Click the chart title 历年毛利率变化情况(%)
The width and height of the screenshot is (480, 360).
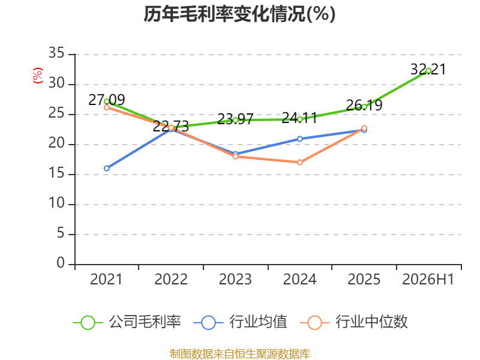pyautogui.click(x=239, y=14)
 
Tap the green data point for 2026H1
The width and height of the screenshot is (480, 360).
pyautogui.click(x=428, y=71)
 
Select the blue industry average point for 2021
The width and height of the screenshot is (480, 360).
pyautogui.click(x=107, y=169)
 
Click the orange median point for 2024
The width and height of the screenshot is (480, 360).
pyautogui.click(x=299, y=163)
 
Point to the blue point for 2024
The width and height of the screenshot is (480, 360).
pyautogui.click(x=299, y=139)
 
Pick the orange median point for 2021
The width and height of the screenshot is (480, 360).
pyautogui.click(x=107, y=107)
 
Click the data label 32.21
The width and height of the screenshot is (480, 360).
pyautogui.click(x=428, y=69)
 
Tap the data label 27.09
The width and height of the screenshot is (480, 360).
pyautogui.click(x=107, y=100)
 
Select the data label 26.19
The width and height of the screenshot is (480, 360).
pyautogui.click(x=364, y=106)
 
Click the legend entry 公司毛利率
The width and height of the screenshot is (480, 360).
pyautogui.click(x=127, y=322)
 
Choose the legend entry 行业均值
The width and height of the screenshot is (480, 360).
pyautogui.click(x=241, y=322)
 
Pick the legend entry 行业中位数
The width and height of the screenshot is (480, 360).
pyautogui.click(x=353, y=322)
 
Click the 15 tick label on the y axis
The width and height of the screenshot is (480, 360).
pyautogui.click(x=56, y=173)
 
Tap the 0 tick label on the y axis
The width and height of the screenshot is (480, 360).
pyautogui.click(x=61, y=263)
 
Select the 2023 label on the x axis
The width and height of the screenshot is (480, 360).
pyautogui.click(x=235, y=280)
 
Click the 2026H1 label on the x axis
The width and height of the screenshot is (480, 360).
pyautogui.click(x=428, y=280)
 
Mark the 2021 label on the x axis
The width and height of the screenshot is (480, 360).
pyautogui.click(x=106, y=280)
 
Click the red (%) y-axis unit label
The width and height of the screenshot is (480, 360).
pyautogui.click(x=38, y=76)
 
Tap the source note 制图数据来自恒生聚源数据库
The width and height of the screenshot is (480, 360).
pyautogui.click(x=240, y=354)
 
